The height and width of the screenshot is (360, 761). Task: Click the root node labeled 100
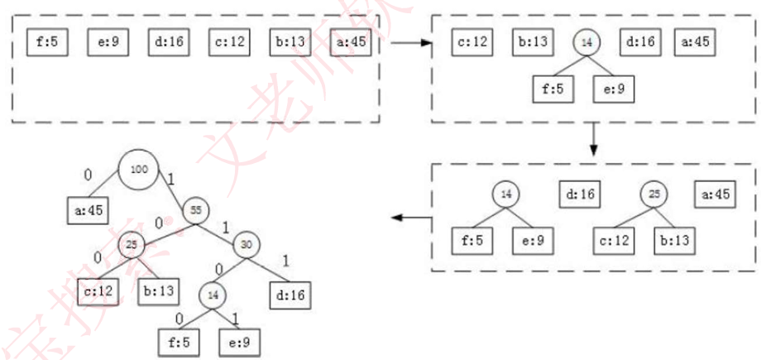point(139,169)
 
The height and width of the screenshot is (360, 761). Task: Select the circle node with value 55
point(198,209)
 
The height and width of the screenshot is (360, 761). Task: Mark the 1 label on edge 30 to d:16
point(285,260)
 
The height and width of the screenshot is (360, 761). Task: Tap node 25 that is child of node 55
point(131,244)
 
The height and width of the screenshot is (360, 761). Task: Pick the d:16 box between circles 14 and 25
point(580,195)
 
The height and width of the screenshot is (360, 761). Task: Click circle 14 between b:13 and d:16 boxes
point(586,41)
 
